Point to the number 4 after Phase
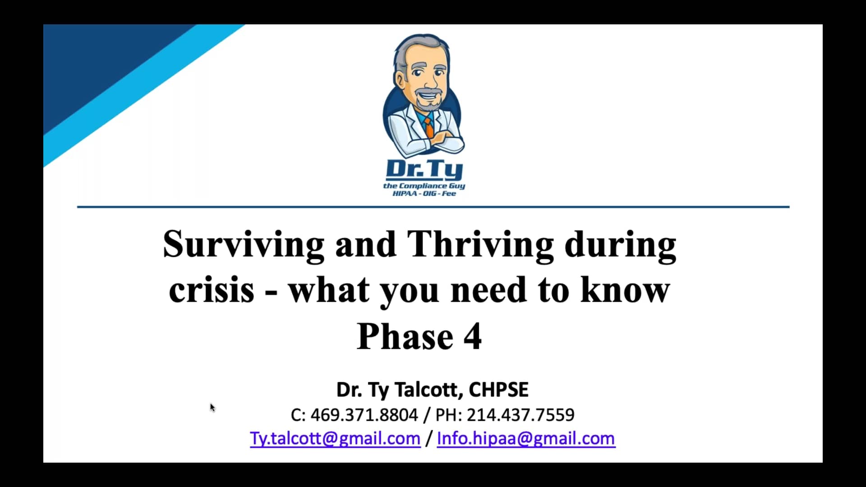click(473, 336)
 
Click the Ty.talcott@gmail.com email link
click(335, 438)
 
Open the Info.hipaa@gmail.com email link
click(526, 438)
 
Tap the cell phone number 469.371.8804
click(364, 415)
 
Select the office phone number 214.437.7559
click(521, 415)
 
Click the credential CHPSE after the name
click(498, 390)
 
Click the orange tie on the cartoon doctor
click(429, 127)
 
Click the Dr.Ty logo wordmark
click(424, 170)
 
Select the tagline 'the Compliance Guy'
click(424, 186)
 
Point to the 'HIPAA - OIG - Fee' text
click(424, 193)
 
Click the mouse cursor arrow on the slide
click(212, 408)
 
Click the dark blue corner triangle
click(99, 59)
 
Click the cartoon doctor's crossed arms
click(444, 142)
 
